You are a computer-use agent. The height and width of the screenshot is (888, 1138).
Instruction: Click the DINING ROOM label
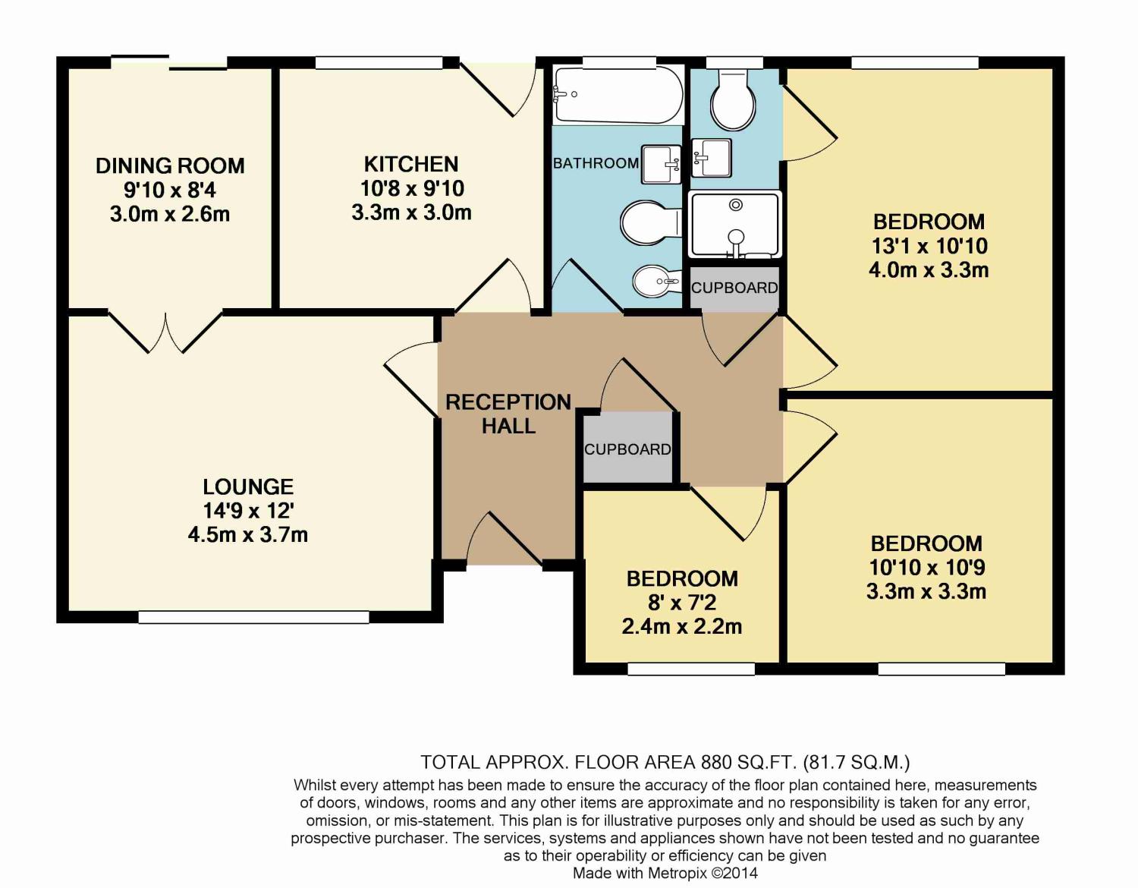click(170, 166)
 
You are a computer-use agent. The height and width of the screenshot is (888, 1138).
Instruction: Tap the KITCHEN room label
click(411, 165)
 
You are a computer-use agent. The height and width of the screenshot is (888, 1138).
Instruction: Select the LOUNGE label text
click(248, 487)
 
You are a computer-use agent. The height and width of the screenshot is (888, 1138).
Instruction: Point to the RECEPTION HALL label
click(508, 414)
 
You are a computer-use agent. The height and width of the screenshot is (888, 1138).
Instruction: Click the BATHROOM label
click(596, 163)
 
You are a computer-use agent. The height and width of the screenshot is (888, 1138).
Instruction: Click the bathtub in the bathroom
click(618, 95)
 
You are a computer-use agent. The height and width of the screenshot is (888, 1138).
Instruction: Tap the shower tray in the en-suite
click(734, 225)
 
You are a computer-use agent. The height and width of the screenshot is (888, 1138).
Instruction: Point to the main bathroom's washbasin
click(662, 165)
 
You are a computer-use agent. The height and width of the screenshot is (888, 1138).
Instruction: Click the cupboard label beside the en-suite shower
click(734, 288)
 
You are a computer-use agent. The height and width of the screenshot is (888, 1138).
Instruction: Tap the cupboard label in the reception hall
click(627, 449)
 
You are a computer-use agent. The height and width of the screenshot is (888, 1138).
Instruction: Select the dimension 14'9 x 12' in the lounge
click(248, 511)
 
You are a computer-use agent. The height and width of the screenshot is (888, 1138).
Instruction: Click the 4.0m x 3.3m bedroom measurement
click(929, 270)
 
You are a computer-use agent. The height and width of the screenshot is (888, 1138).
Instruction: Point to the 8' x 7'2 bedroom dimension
click(682, 603)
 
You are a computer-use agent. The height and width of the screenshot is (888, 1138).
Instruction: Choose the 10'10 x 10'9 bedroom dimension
click(926, 568)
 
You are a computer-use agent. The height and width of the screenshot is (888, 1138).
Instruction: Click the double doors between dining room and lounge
click(165, 332)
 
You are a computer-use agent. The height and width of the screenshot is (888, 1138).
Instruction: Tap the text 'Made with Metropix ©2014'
click(665, 873)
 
